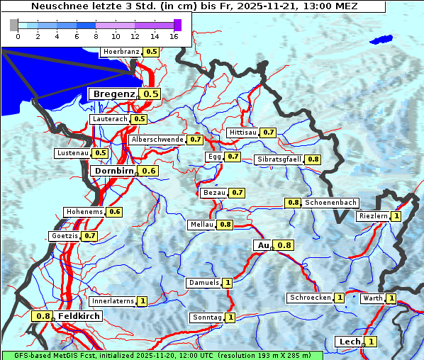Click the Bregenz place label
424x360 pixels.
[113, 94]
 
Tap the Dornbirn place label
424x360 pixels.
[113, 171]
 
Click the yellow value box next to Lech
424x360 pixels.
[371, 342]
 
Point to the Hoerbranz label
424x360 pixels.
[121, 52]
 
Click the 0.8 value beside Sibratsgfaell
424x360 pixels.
[313, 159]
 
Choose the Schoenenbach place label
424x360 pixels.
[330, 203]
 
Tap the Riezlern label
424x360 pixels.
[374, 216]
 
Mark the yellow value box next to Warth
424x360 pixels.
[391, 298]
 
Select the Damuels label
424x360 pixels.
[203, 283]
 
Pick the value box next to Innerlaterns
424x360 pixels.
[143, 301]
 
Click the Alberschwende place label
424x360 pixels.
[157, 140]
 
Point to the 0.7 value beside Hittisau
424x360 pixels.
[269, 133]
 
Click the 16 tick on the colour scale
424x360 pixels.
[174, 35]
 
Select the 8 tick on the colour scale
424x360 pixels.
[96, 35]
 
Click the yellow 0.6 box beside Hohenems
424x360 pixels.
[115, 212]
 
